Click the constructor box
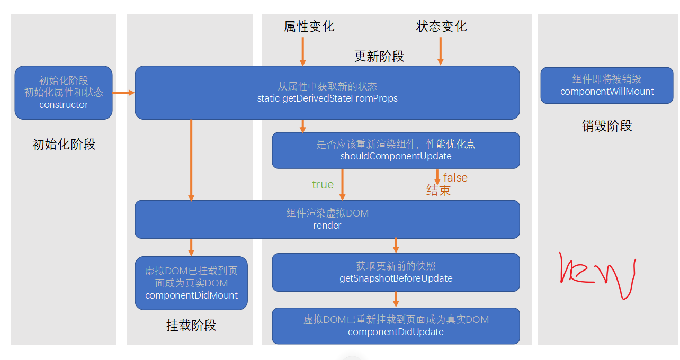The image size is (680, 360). click(x=64, y=93)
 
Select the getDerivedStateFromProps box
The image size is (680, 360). click(x=327, y=93)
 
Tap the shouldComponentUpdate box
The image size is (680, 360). click(x=396, y=150)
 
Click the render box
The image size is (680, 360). click(x=327, y=219)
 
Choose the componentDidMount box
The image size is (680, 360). click(x=191, y=283)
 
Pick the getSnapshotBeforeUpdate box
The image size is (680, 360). click(x=396, y=272)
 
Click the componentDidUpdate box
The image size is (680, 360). click(x=396, y=326)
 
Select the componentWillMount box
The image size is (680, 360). click(x=606, y=85)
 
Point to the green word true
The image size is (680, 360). click(x=323, y=184)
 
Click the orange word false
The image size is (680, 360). click(x=455, y=177)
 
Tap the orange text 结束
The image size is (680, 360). click(x=439, y=191)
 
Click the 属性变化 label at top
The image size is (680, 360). click(x=309, y=26)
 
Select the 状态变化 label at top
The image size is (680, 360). click(x=442, y=26)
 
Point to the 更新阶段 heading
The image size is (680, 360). click(x=379, y=57)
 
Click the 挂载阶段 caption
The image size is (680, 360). click(x=191, y=326)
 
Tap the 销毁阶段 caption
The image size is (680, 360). click(x=606, y=126)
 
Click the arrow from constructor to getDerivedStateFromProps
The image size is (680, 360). click(x=123, y=93)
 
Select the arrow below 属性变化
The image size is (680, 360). click(x=302, y=51)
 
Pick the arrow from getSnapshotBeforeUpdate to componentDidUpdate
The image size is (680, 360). click(x=396, y=300)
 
